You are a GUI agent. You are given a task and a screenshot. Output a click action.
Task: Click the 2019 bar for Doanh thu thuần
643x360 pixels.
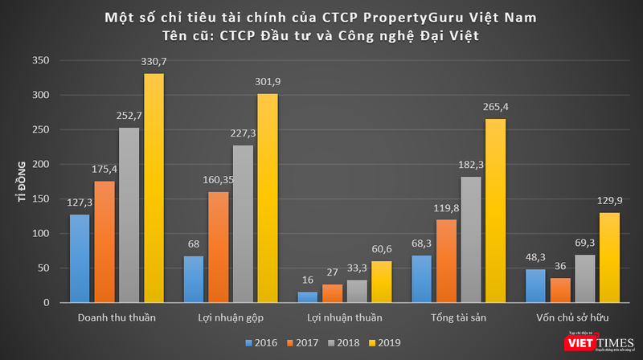click(x=154, y=188)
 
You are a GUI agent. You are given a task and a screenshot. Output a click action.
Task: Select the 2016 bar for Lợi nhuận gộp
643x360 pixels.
click(x=194, y=279)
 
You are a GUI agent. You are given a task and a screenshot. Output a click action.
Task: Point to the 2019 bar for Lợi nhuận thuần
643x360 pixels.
click(x=381, y=281)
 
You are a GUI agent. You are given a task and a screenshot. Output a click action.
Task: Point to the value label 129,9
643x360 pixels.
click(x=609, y=202)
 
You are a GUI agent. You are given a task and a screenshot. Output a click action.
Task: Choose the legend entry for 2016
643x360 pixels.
click(x=261, y=343)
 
